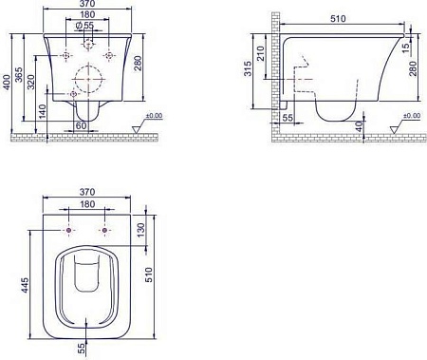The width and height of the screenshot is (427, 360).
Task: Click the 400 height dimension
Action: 7,83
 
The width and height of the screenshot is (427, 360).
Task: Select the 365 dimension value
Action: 19,75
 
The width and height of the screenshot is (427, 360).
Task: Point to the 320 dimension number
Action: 30,83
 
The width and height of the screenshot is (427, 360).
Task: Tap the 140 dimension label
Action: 43,111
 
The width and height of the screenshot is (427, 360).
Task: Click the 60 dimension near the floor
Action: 81,125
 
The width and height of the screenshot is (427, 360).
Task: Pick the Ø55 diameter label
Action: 85,25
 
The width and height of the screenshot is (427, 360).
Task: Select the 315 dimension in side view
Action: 248,68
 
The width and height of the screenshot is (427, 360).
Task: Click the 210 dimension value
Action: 260,54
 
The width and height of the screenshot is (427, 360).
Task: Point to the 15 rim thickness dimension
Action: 406,47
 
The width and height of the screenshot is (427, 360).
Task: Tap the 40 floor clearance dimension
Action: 359,126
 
